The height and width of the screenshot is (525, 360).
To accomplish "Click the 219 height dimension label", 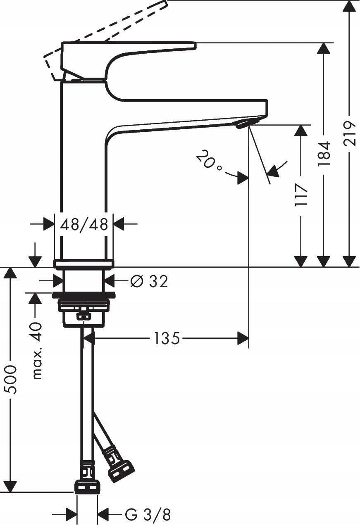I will click(x=350, y=133).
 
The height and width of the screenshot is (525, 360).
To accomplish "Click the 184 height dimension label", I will click(x=324, y=154).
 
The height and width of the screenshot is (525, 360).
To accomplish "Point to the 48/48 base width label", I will click(x=84, y=224).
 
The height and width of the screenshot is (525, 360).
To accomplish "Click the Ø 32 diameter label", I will click(x=149, y=281).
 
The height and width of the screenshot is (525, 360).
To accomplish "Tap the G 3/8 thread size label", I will click(x=148, y=515).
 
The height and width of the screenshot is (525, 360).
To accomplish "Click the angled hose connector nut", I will click(x=121, y=471).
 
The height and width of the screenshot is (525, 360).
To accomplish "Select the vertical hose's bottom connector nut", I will click(x=87, y=486).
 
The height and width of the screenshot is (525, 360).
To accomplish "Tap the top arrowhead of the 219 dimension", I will click(x=350, y=6).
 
